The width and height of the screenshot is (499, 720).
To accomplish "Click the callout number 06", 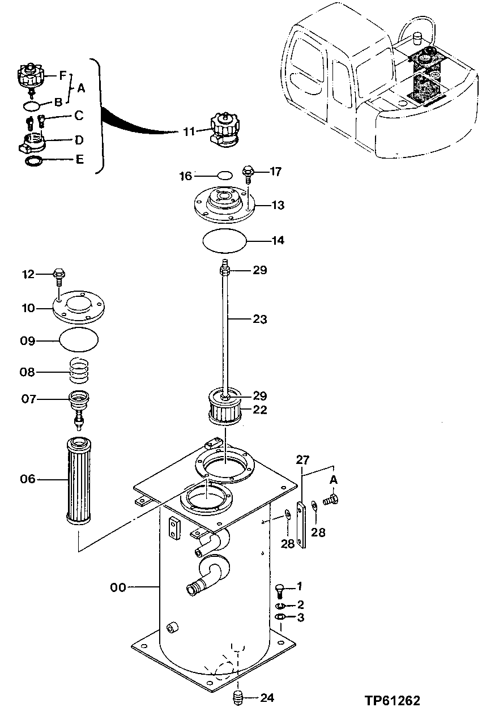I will point(28,479).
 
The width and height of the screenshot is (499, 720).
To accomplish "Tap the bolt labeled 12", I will point(59,276).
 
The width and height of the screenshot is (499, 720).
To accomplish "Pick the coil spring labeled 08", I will point(79,371).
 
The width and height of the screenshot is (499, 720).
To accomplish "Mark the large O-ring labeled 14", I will point(225,240).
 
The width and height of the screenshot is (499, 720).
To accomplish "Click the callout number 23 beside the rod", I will point(259,319).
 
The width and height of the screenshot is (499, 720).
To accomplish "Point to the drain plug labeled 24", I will point(238,697).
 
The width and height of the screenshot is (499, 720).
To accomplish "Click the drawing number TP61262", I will point(393,701).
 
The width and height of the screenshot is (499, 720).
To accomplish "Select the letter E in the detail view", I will point(80,160).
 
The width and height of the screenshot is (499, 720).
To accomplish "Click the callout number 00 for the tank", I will point(118,588).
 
